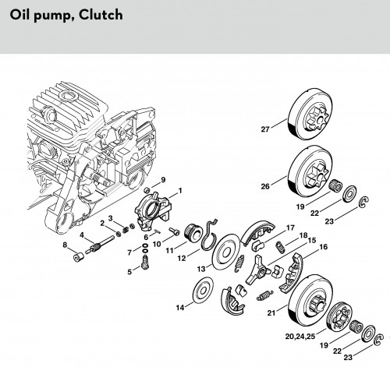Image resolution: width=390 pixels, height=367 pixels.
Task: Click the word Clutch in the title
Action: (x=101, y=15)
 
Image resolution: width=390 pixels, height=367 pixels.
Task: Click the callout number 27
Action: (x=265, y=129)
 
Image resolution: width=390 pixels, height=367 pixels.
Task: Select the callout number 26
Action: (x=265, y=186)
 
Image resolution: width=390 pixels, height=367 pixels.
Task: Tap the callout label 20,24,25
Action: (x=300, y=337)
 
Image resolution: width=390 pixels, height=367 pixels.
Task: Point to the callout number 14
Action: (x=180, y=308)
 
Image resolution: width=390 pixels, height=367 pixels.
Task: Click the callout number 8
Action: (x=65, y=245)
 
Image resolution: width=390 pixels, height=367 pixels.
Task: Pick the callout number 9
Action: (x=163, y=180)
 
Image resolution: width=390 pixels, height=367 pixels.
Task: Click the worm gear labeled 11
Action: (x=193, y=233)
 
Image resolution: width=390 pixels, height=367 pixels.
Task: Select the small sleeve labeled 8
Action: (x=78, y=257)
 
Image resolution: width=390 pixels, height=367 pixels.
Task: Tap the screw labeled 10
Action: (x=175, y=231)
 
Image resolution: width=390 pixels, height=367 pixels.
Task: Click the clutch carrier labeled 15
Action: (x=257, y=270)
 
